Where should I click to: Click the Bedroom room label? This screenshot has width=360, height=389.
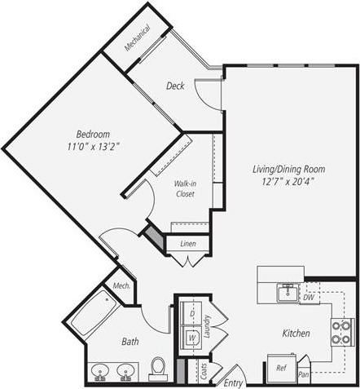coord(93,135)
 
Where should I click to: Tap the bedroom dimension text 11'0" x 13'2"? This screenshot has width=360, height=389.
coord(93,148)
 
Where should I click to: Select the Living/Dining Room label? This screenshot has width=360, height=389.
coord(288,169)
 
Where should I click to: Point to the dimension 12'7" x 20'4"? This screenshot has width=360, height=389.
coord(288,181)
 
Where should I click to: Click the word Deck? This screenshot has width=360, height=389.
coord(175,86)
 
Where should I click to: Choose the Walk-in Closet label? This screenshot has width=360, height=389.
coord(185,189)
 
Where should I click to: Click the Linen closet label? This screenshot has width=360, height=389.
coord(187,244)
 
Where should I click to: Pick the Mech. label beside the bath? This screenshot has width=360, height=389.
coord(121,285)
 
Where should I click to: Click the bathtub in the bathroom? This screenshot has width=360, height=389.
coord(94,313)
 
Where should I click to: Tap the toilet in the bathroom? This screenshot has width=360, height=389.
coord(158,367)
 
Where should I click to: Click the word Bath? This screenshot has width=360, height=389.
coord(130,342)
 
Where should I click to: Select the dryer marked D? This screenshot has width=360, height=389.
coord(191,313)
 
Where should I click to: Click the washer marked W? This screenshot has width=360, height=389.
coord(191,336)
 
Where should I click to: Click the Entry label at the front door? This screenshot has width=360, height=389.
coord(233,382)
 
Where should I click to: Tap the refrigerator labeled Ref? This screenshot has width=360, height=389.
coord(281,368)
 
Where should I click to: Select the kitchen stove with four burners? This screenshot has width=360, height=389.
coord(341,331)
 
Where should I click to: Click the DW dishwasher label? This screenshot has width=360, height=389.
coord(307,298)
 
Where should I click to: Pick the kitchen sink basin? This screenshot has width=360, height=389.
coord(287,293)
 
